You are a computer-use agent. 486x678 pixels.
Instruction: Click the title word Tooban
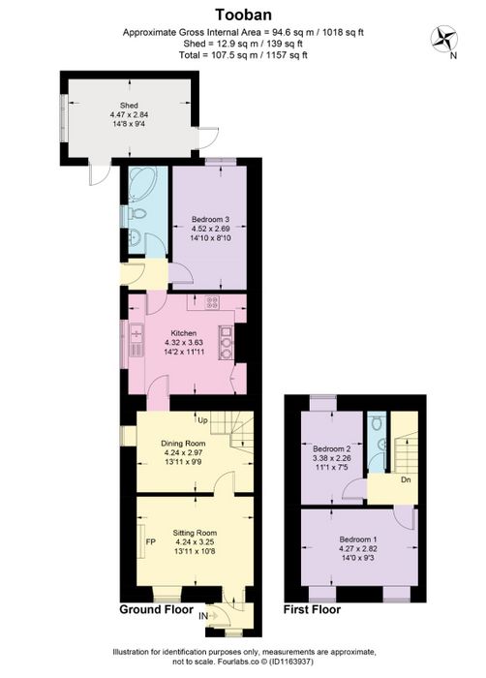[x=243, y=15]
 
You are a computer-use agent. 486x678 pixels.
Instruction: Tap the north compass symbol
[x=444, y=40]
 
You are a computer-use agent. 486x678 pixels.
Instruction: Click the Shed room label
[x=129, y=105]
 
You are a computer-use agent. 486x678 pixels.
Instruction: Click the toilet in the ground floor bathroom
[x=137, y=213]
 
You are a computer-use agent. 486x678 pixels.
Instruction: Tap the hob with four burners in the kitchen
[x=212, y=302]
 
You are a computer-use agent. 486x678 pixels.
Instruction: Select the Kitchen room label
[x=183, y=333]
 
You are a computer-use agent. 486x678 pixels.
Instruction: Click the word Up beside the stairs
[x=202, y=419]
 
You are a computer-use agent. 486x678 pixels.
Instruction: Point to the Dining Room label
[x=183, y=444]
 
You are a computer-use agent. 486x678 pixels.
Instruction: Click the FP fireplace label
[x=150, y=541]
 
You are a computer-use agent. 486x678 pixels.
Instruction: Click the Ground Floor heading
[x=156, y=609]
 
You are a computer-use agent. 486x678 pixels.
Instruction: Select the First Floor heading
[x=312, y=609]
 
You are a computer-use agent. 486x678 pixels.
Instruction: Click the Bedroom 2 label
[x=332, y=448]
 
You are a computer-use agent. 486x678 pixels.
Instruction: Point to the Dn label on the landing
[x=406, y=480]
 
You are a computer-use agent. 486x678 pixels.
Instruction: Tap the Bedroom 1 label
[x=358, y=539]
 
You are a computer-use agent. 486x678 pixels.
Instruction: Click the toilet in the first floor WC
[x=377, y=423]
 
